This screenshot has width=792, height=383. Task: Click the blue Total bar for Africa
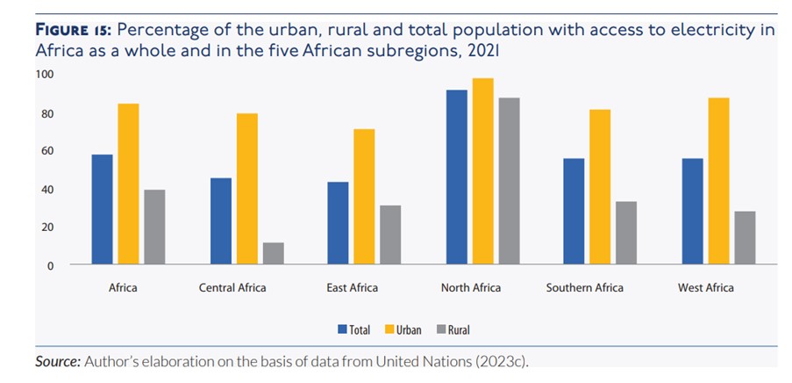102,209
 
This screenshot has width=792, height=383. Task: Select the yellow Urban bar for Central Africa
247,189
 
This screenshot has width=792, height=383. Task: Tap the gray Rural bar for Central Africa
274,253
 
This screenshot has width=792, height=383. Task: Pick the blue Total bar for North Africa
456,177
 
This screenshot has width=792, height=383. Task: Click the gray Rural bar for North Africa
509,181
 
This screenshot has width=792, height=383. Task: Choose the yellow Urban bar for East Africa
364,197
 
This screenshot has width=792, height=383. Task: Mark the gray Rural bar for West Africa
745,237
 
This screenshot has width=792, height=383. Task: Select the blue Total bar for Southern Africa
574,211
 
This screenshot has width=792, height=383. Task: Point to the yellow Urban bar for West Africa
718,181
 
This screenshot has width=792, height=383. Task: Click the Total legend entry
353,329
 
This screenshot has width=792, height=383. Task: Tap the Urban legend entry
403,329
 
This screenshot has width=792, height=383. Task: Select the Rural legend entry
452,329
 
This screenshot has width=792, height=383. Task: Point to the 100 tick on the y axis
44,75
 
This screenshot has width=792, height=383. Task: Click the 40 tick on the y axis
46,189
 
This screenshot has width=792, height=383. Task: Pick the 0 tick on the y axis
50,264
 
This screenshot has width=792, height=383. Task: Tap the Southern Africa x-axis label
584,287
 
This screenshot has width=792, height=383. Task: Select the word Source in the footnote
58,361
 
